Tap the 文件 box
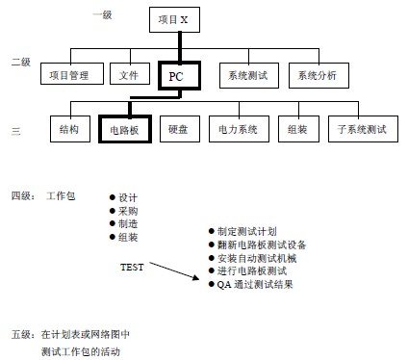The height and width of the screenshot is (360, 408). click(129, 74)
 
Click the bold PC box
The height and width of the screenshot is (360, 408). click(176, 75)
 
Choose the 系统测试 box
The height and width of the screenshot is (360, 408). click(245, 74)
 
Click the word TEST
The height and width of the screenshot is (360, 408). click(132, 267)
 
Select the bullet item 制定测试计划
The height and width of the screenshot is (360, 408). click(246, 231)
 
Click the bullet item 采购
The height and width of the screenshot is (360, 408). click(128, 211)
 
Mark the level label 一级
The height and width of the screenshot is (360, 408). click(101, 14)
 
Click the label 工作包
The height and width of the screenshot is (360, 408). click(61, 196)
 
